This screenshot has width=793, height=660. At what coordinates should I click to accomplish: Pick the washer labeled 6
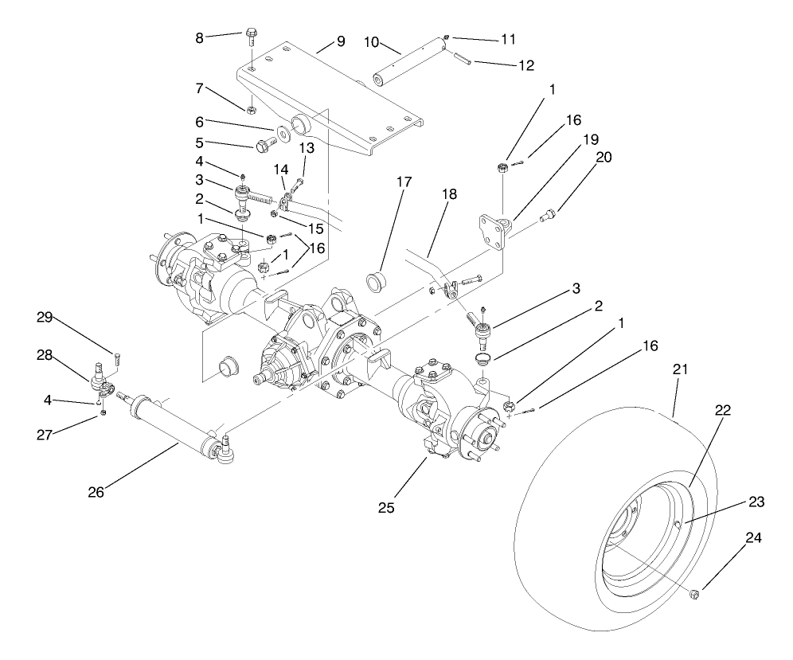283,132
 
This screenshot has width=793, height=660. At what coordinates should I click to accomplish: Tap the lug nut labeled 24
692,593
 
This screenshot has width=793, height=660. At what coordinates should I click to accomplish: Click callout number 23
757,502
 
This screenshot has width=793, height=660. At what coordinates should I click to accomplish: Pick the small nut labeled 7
250,109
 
